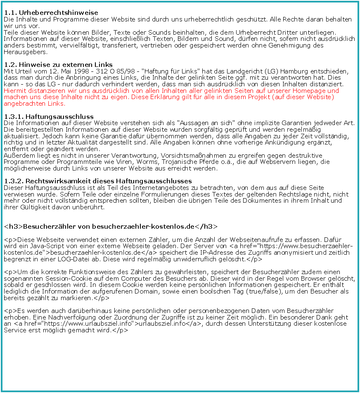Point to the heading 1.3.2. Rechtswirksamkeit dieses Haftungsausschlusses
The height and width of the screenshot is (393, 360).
pos(98,181)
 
